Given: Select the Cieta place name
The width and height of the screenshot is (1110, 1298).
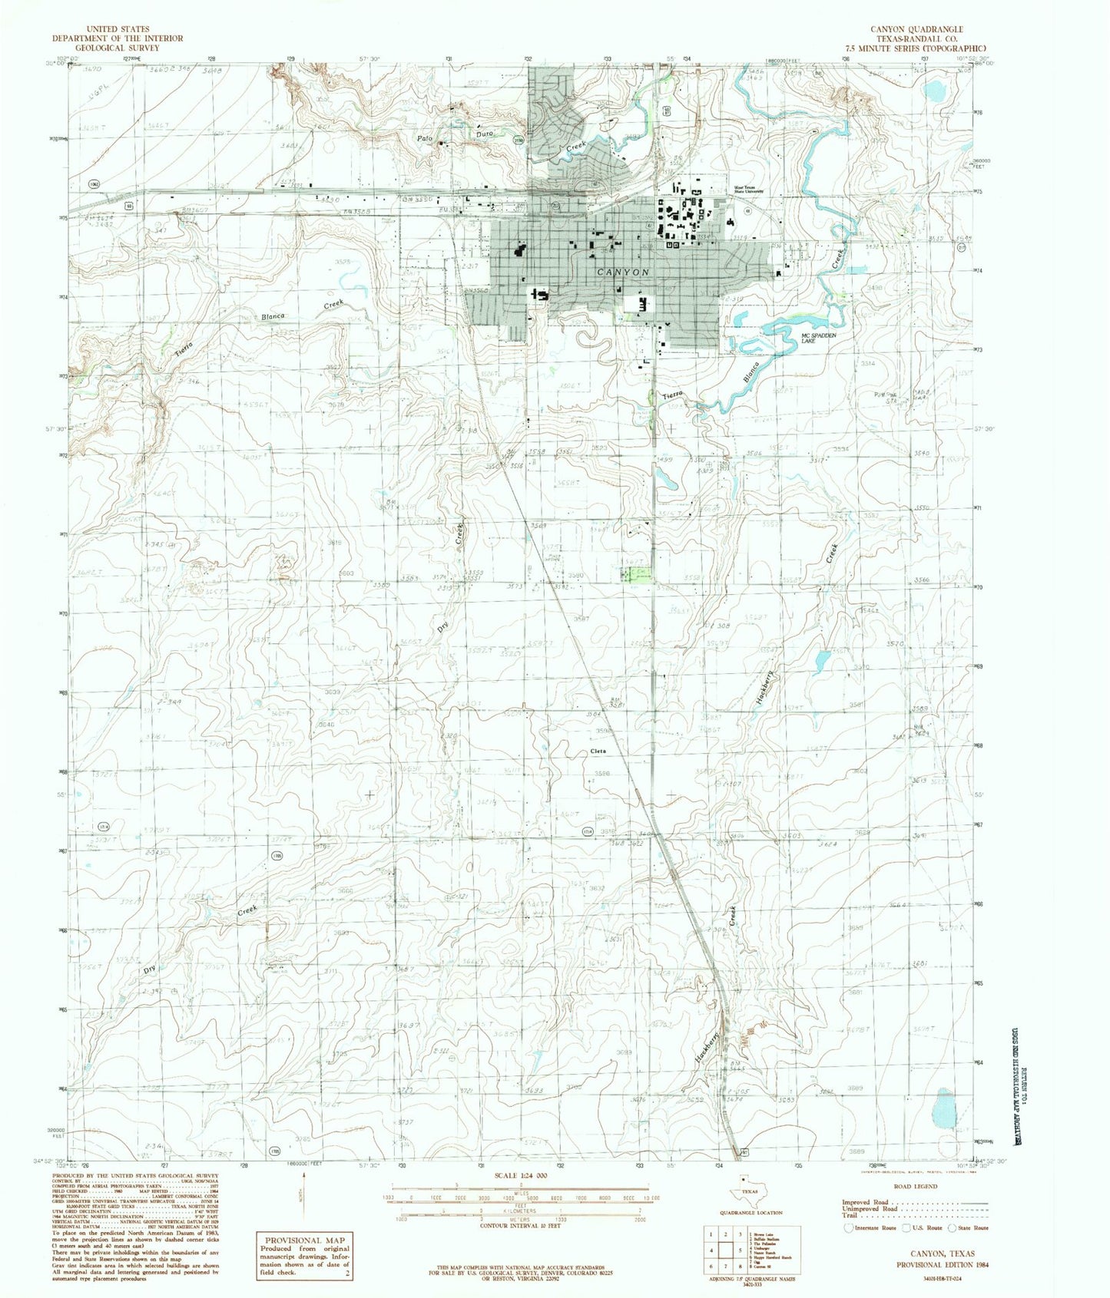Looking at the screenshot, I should click(598, 751).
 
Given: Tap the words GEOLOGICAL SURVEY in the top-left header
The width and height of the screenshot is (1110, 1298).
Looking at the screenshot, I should click(118, 48).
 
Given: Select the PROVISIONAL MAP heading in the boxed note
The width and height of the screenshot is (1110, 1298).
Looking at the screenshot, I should click(304, 1240).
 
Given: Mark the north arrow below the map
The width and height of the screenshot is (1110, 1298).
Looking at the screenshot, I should click(305, 1194).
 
